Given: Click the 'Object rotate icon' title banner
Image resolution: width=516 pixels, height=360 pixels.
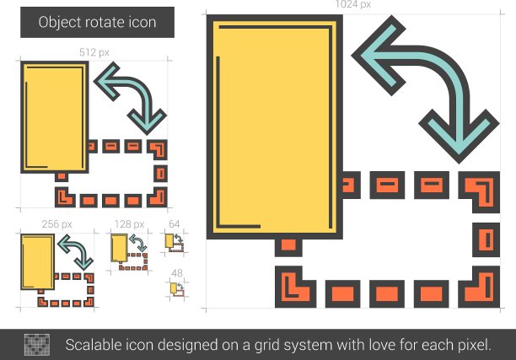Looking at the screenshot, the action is (x=97, y=22).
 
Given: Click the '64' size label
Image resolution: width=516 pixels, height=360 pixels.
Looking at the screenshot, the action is (x=174, y=224).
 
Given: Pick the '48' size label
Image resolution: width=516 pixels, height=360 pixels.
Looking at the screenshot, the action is (x=177, y=273).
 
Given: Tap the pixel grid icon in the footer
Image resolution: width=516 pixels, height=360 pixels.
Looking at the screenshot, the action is (x=37, y=345).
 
